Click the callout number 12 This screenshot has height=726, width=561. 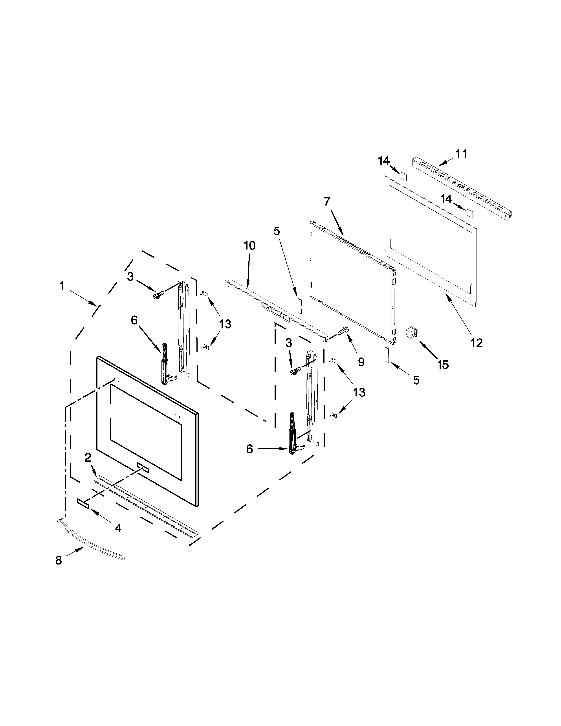coord(477,343)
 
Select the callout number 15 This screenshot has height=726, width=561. coord(443,365)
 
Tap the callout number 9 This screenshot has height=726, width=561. coord(361,362)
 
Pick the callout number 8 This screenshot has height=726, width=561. coord(59,561)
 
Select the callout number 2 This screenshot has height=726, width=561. coord(88,458)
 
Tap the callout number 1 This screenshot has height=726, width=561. coord(62,286)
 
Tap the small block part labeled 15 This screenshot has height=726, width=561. coord(411,333)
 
